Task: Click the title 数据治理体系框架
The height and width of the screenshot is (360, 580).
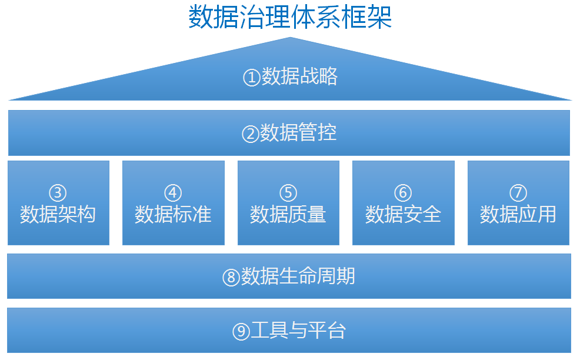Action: pyautogui.click(x=290, y=17)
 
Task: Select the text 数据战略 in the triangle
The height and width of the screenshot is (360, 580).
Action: pyautogui.click(x=299, y=76)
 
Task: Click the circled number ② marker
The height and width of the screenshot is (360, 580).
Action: pyautogui.click(x=251, y=134)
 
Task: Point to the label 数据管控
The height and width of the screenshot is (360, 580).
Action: pyautogui.click(x=298, y=132)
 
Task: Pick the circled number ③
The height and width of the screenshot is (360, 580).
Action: pyautogui.click(x=58, y=193)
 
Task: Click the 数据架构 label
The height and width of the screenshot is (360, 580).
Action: pyautogui.click(x=58, y=214)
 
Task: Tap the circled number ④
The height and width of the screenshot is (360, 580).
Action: pyautogui.click(x=173, y=193)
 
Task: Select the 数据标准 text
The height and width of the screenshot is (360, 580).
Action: pyautogui.click(x=173, y=214)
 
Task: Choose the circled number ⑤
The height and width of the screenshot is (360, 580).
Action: pyautogui.click(x=288, y=193)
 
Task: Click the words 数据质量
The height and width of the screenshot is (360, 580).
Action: pyautogui.click(x=288, y=214)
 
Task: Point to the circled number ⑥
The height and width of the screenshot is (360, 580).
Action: pyautogui.click(x=403, y=193)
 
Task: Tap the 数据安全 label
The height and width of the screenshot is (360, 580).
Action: pyautogui.click(x=403, y=214)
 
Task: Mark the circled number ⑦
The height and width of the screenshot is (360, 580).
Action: pyautogui.click(x=518, y=193)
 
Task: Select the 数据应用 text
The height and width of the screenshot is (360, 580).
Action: pyautogui.click(x=518, y=214)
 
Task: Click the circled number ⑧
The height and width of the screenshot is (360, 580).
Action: pyautogui.click(x=231, y=277)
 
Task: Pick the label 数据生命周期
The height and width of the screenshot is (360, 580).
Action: pyautogui.click(x=298, y=276)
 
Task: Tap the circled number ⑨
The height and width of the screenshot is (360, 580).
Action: pyautogui.click(x=241, y=332)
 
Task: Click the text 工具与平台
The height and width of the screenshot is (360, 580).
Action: pyautogui.click(x=298, y=330)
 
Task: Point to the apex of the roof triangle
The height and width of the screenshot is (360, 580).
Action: pyautogui.click(x=291, y=37)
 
